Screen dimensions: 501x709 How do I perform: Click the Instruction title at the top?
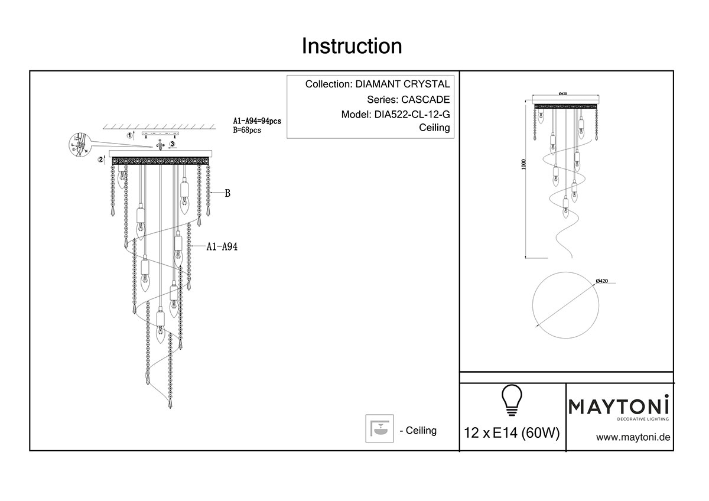pos(352,46)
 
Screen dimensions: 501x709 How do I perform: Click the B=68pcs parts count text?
pos(247,131)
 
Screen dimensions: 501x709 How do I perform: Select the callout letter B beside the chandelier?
pos(227,193)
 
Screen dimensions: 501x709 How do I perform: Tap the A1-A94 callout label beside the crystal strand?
pos(222,248)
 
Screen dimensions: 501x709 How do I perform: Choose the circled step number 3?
pos(172,144)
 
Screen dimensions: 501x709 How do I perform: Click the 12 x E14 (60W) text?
pos(512,433)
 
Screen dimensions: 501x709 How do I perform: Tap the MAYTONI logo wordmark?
pos(619,406)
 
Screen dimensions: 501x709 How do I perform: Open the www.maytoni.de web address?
pos(632,438)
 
